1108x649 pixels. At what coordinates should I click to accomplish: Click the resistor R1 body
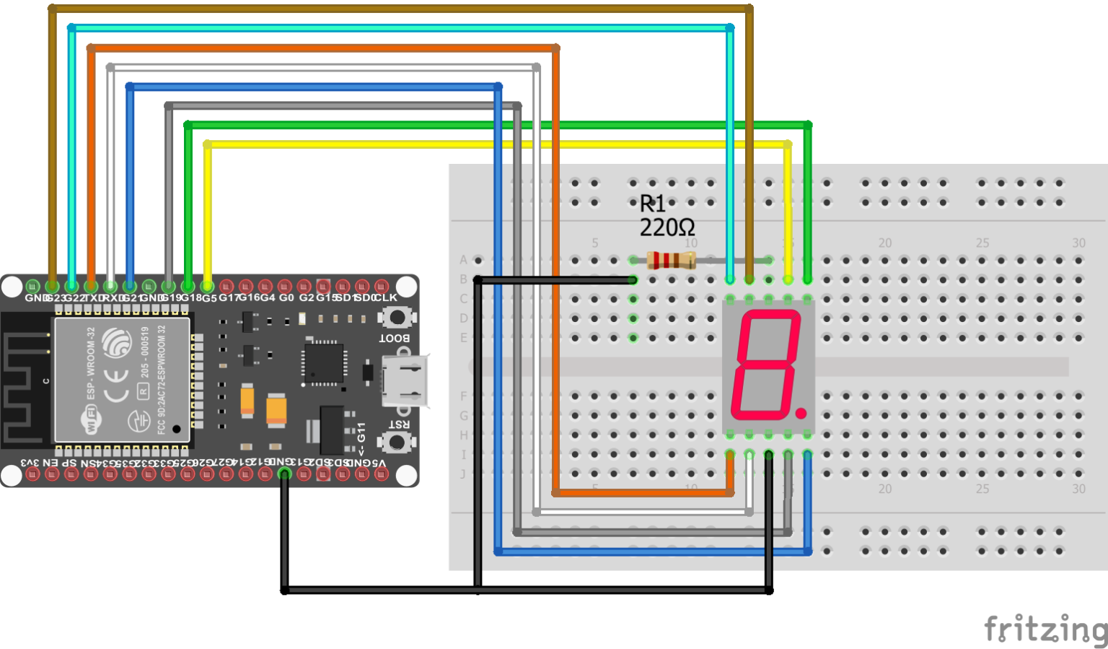coord(671,260)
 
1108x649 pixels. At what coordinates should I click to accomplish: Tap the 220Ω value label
coord(667,228)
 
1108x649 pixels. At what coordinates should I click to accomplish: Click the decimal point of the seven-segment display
coord(801,414)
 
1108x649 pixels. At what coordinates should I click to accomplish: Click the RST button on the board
coord(397,441)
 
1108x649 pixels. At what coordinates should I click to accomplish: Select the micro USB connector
coord(404,380)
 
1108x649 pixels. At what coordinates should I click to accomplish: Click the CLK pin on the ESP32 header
coord(382,287)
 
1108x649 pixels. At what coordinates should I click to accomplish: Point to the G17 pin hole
coord(227,287)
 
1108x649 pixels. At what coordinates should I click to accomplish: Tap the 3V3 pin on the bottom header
coord(32,474)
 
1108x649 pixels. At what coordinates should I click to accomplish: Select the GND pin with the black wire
coord(285,474)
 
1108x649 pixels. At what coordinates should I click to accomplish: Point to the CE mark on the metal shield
coord(115,386)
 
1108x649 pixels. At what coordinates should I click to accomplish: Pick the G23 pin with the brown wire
coord(52,287)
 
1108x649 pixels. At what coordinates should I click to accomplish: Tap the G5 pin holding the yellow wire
coord(207,287)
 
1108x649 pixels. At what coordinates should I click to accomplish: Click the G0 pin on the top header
coord(285,287)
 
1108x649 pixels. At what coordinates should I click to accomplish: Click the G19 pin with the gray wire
coord(168,287)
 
